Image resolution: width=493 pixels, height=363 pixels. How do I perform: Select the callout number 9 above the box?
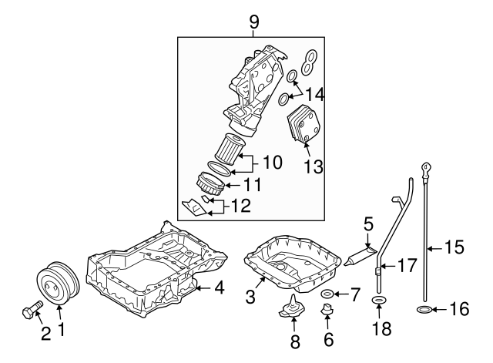pos(255,21)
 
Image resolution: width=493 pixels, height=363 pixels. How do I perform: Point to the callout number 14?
pos(314,95)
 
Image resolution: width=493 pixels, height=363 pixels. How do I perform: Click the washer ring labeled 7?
pos(327,294)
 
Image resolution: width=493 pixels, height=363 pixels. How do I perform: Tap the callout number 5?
pos(369,226)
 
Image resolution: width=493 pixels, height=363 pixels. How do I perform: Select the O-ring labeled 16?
pos(423,311)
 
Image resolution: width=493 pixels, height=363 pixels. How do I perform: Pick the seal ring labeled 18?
pos(379,300)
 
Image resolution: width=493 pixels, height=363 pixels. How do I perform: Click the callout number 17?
pos(407,266)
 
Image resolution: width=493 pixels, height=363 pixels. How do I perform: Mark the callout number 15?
pos(454,247)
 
